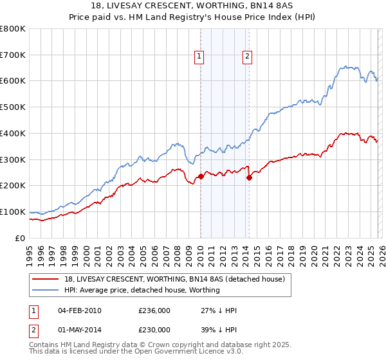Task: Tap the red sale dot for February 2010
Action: point(201,176)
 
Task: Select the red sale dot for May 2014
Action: point(249,178)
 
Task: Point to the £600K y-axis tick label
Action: point(13,81)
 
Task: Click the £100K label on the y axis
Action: point(13,212)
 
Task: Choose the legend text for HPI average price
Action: point(142,290)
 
